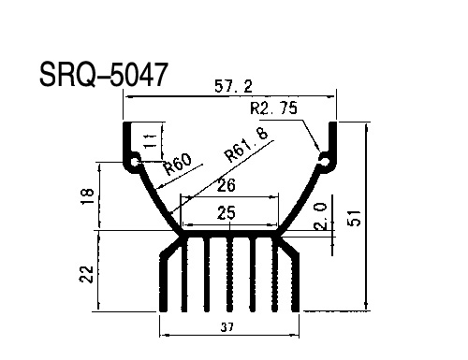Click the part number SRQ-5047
tap(104, 75)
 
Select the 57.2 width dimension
tap(233, 86)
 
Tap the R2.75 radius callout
tap(274, 108)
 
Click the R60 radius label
tap(178, 164)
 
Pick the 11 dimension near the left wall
tap(151, 141)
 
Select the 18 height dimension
tap(87, 196)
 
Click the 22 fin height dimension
tap(86, 274)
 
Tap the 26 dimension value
tap(226, 185)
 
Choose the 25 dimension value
tap(227, 213)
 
